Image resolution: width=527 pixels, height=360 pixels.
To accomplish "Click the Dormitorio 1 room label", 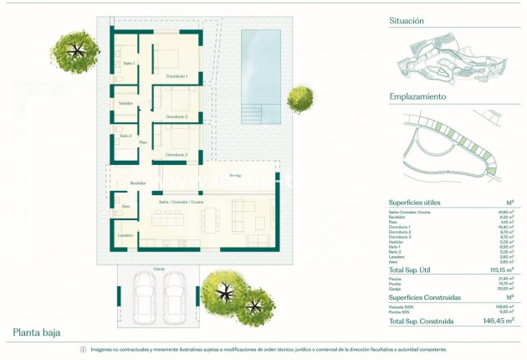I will [x=176, y=77].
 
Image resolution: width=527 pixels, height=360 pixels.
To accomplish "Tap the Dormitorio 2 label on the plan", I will [x=176, y=116].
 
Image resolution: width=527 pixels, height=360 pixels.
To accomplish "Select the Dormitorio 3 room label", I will [x=176, y=155].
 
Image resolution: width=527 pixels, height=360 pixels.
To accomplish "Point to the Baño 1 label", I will [x=129, y=64].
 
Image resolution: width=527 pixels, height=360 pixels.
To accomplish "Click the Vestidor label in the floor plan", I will [x=126, y=103].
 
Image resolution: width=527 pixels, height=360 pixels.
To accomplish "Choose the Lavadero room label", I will [x=125, y=235].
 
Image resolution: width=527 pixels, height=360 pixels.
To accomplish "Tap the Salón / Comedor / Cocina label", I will [x=182, y=202].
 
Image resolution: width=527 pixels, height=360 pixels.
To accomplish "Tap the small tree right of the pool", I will [x=299, y=100].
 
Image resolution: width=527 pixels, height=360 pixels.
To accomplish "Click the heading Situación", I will [x=407, y=21].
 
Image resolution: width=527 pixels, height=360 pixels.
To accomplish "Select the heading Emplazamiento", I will [x=417, y=96].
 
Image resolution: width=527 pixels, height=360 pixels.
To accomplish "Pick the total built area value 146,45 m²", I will [x=496, y=321].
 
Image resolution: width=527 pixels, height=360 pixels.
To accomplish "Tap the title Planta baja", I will [x=36, y=333].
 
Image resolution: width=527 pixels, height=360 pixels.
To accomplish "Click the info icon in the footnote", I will [x=83, y=350].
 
